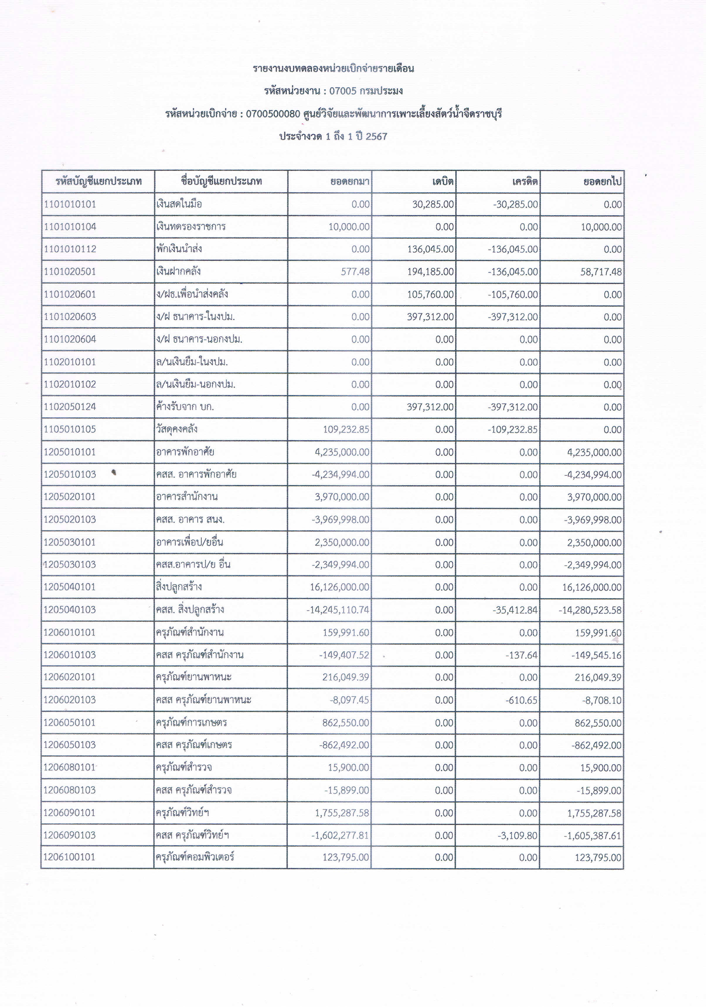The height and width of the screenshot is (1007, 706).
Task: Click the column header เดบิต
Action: tap(442, 182)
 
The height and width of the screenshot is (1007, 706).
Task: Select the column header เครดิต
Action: tap(525, 182)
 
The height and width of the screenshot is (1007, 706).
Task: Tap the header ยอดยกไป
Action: tap(603, 182)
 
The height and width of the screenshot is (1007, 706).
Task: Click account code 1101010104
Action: tap(70, 227)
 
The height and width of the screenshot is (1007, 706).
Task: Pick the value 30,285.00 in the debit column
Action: tap(433, 204)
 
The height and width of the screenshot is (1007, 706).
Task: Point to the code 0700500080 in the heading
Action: tap(273, 114)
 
